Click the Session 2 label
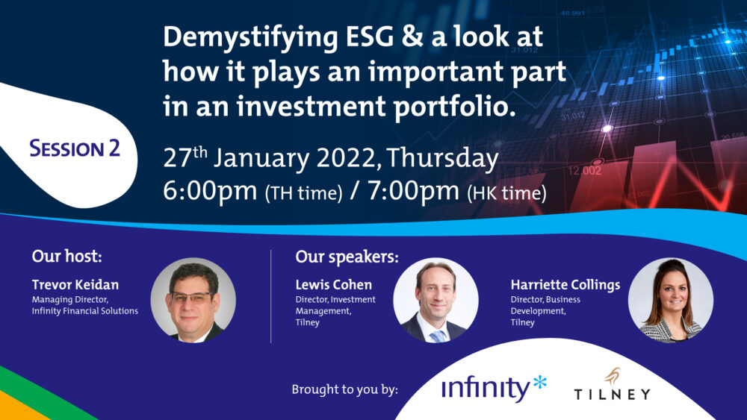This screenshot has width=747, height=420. click(x=75, y=148)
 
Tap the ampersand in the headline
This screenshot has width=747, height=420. click(x=412, y=37)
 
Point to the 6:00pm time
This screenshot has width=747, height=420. click(x=210, y=191)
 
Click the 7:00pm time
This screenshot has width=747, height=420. click(x=414, y=191)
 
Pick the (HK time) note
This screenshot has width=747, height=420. click(x=507, y=193)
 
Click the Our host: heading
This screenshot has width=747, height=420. click(x=66, y=257)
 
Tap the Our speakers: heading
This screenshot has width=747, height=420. click(x=347, y=257)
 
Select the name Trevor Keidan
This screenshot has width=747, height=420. click(x=75, y=284)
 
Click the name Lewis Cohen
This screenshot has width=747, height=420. click(x=333, y=284)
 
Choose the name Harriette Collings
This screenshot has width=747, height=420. click(x=565, y=285)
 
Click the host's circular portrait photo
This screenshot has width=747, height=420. click(x=193, y=300)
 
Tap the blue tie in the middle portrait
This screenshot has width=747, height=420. click(x=437, y=336)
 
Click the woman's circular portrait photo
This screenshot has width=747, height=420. click(x=671, y=300)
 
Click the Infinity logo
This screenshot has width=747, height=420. click(x=494, y=388)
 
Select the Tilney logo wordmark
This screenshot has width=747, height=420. click(x=613, y=394)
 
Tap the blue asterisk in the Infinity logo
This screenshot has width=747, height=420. click(x=540, y=382)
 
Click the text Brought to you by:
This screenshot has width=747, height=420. click(x=345, y=389)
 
